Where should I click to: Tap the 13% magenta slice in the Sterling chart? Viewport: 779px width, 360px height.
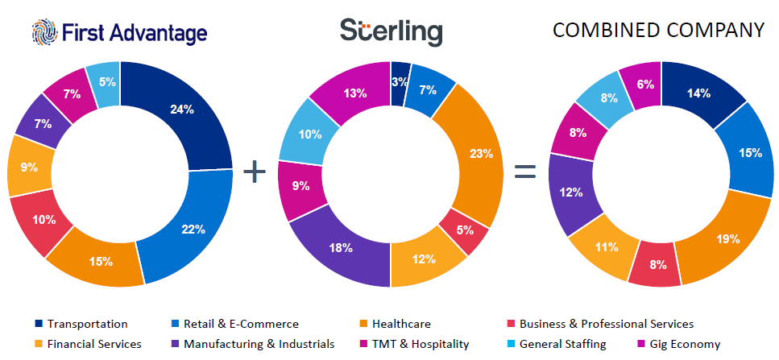click(356, 93)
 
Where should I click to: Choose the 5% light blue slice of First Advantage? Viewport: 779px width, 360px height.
click(105, 82)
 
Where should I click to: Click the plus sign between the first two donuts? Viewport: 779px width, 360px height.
click(255, 172)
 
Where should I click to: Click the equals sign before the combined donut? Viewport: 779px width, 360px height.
click(525, 172)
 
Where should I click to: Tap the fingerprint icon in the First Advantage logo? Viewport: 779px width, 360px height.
click(44, 32)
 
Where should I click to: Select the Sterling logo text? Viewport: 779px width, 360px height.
click(391, 32)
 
